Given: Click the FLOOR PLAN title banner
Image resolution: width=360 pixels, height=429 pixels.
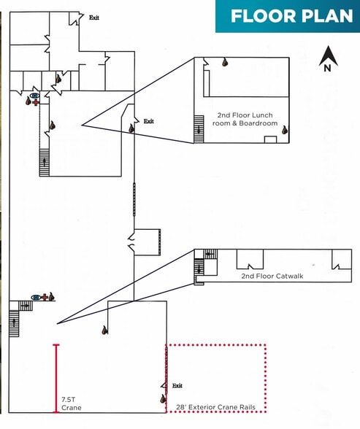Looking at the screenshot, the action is (288, 16).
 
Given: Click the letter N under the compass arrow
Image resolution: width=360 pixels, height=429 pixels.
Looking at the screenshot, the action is (327, 68).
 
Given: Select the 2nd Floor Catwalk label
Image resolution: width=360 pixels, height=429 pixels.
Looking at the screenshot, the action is (272, 276).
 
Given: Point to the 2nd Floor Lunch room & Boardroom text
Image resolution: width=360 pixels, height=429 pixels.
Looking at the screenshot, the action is (245, 119).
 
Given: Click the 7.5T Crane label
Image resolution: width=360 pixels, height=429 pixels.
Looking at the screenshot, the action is (71, 403).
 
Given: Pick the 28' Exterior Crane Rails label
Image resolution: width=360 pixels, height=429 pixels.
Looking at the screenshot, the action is (215, 407).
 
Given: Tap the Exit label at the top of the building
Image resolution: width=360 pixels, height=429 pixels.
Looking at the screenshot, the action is (94, 18).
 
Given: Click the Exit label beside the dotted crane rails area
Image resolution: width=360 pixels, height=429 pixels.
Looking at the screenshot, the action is (177, 385).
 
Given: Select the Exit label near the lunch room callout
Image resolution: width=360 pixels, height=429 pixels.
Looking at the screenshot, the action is (149, 121).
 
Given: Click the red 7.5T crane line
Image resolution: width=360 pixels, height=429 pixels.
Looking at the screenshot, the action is (56, 379).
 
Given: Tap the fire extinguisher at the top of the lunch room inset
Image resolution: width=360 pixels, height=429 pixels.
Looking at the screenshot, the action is (225, 63).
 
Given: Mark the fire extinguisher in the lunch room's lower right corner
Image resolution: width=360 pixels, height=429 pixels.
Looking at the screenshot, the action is (285, 130).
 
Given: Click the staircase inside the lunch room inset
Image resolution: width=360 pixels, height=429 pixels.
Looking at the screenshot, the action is (199, 129).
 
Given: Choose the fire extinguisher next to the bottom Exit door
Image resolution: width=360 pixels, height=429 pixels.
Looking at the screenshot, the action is (163, 399).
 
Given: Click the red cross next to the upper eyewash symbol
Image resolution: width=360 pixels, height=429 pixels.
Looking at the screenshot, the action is (36, 103).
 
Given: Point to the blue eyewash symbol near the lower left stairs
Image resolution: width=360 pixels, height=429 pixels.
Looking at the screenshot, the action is (35, 297).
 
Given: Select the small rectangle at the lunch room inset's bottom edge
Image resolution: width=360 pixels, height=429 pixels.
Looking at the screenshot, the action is (270, 139).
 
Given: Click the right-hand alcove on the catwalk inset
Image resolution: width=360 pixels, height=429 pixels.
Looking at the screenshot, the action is (342, 259).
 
